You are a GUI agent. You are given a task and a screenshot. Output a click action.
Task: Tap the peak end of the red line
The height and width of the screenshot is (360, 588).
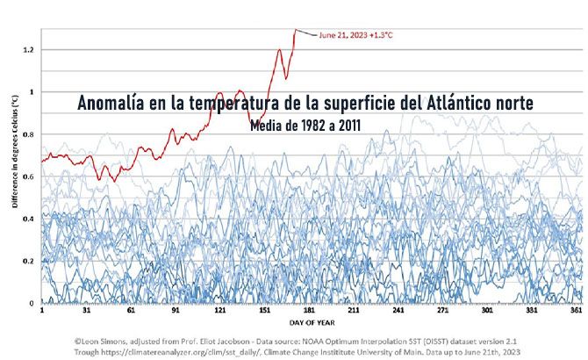297,30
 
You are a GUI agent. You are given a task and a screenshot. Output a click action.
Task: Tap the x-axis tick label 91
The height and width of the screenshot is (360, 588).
176,311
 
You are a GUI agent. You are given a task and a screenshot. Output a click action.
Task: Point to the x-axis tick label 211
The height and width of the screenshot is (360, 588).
355,311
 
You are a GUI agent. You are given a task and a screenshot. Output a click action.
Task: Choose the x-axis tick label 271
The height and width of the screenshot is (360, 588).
444,311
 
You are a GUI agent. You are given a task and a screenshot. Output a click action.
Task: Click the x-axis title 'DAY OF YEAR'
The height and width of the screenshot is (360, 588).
303,322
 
